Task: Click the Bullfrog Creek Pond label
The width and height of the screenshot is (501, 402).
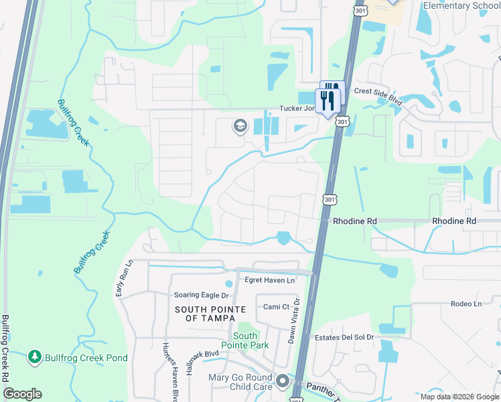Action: click(x=86, y=358)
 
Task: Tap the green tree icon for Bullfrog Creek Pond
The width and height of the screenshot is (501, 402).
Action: click(x=35, y=357)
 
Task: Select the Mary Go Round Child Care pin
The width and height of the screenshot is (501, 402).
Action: click(x=283, y=382)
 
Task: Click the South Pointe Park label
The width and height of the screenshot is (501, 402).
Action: click(x=245, y=340)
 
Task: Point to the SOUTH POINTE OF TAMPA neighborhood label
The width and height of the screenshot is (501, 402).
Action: click(x=210, y=314)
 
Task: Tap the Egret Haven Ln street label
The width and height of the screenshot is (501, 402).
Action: click(x=270, y=280)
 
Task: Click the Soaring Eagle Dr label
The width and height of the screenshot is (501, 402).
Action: click(x=201, y=295)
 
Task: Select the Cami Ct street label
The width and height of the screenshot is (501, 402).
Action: click(x=275, y=307)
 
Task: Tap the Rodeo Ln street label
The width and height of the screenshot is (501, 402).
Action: click(x=466, y=304)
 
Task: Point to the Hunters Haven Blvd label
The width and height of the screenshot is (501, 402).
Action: click(x=169, y=367)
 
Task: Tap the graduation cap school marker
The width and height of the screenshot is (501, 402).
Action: click(x=239, y=126)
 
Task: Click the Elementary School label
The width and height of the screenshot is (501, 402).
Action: click(x=461, y=6)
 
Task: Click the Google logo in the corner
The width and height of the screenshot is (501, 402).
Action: click(x=22, y=394)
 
